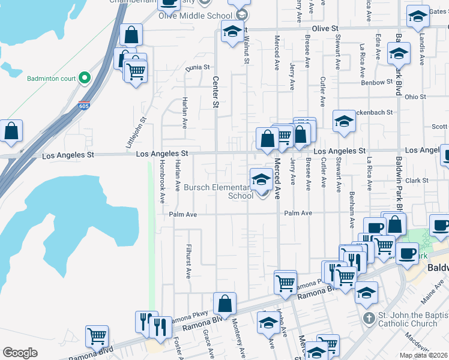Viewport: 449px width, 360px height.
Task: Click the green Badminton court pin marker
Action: point(85,77)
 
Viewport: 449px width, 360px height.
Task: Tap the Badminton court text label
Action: point(52,78)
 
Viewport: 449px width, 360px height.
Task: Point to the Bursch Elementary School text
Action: point(220,191)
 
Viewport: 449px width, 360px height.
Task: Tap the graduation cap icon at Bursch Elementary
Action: point(261,179)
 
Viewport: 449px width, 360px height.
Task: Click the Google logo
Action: point(20,353)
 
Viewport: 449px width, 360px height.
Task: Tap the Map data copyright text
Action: point(424,356)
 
